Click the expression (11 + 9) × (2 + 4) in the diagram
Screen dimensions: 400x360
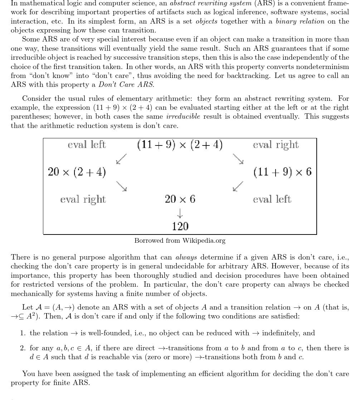point(180,145)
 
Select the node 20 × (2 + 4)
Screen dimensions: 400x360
point(77,172)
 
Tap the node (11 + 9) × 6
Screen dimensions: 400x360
point(282,172)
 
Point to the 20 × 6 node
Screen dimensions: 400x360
point(180,199)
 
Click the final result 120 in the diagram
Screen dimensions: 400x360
point(180,226)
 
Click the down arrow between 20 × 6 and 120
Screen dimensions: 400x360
point(180,213)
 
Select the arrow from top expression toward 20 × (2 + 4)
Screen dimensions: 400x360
point(122,159)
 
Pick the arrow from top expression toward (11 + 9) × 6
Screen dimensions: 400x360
point(238,159)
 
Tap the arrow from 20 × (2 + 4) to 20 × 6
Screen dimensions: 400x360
point(122,186)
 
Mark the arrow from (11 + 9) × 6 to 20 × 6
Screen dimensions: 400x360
point(238,186)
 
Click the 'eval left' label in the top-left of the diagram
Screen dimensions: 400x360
point(87,145)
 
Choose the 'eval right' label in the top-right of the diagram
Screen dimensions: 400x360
point(276,145)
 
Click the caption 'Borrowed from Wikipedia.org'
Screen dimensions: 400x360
point(180,241)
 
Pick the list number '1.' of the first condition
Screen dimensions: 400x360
point(23,333)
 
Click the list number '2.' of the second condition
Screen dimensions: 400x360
point(23,348)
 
